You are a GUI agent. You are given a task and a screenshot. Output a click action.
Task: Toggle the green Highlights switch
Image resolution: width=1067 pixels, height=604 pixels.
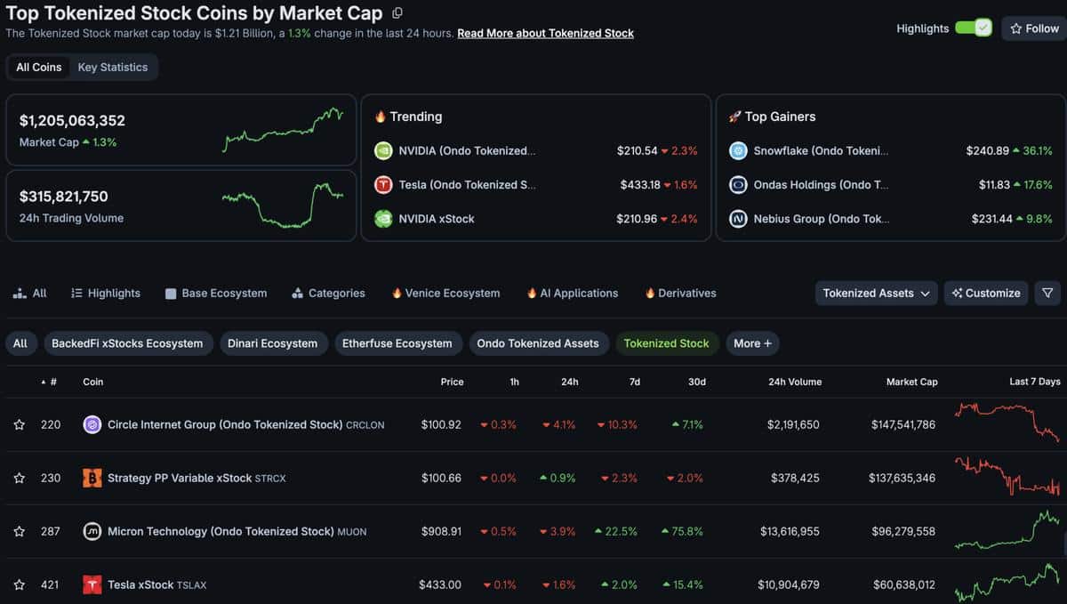pos(974,28)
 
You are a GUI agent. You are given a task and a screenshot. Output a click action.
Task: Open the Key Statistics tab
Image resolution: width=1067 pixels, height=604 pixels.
pos(113,68)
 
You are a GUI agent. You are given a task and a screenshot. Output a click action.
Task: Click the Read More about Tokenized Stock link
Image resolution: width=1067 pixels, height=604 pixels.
pos(545,34)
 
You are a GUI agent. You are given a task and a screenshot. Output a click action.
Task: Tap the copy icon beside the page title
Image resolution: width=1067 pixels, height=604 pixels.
pos(397,12)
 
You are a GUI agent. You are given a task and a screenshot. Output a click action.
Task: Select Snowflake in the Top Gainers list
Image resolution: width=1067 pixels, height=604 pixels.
pos(821,150)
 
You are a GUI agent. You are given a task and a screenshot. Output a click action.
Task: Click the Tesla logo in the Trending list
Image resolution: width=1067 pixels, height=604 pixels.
pos(383,184)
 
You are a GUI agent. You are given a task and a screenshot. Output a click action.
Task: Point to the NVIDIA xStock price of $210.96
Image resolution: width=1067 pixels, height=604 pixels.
pos(637,219)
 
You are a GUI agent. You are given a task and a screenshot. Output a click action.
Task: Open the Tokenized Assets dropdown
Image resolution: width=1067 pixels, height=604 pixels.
pos(876,294)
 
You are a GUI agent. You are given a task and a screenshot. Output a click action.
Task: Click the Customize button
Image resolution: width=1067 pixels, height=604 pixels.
pos(986,294)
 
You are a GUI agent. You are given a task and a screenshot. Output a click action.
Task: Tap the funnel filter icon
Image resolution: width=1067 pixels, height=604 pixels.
pos(1047,294)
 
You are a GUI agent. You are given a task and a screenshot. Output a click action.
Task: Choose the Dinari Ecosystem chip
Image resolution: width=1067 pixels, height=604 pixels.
pos(272,343)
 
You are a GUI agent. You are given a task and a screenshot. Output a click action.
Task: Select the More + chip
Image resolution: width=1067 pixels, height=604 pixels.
pos(752,343)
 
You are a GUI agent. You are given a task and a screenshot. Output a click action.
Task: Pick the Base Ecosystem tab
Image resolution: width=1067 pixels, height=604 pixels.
pos(216,294)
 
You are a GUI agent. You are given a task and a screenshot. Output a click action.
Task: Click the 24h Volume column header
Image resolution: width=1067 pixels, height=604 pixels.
pos(795,382)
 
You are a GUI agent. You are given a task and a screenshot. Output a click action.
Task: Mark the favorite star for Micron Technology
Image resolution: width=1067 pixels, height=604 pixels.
pos(19,531)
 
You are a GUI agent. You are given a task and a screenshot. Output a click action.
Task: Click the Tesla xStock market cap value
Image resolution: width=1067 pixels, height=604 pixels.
pos(904,584)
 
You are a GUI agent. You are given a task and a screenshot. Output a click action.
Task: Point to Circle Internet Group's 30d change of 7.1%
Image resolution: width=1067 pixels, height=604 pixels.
pos(687,424)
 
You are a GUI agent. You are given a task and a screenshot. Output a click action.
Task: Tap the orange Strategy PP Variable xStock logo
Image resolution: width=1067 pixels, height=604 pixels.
pos(92,478)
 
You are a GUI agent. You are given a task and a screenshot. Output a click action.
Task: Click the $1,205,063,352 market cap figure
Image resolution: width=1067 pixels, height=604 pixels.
pos(72,121)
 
